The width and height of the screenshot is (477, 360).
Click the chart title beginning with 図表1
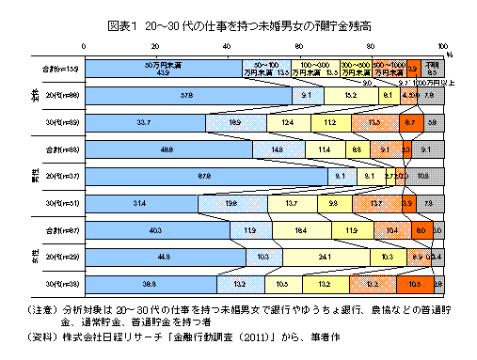point(238,23)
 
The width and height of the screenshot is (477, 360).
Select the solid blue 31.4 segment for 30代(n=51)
point(141,202)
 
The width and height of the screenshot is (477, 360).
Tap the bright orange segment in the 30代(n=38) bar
point(415,283)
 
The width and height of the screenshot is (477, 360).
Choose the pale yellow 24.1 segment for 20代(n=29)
point(325,256)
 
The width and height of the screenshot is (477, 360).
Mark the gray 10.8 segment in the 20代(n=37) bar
point(425,175)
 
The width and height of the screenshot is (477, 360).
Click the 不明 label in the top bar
point(432,64)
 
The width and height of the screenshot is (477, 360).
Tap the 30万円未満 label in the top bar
point(163,64)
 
